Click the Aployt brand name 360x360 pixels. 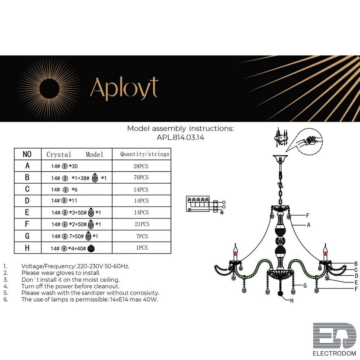[x=124, y=88]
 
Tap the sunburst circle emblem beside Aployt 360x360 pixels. [x=49, y=88]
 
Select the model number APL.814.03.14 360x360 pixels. [x=180, y=137]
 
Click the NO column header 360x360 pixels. [x=27, y=154]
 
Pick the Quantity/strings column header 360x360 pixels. [x=145, y=154]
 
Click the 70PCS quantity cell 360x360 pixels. [x=141, y=177]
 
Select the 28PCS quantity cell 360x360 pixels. [x=141, y=166]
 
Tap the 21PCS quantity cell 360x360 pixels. [x=141, y=224]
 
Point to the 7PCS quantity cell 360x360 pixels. [x=141, y=236]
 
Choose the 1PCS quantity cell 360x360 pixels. [x=141, y=248]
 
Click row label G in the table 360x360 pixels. [x=27, y=236]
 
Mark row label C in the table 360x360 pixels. [x=27, y=189]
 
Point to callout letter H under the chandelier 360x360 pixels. [x=292, y=301]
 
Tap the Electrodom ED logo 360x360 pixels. [x=334, y=336]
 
